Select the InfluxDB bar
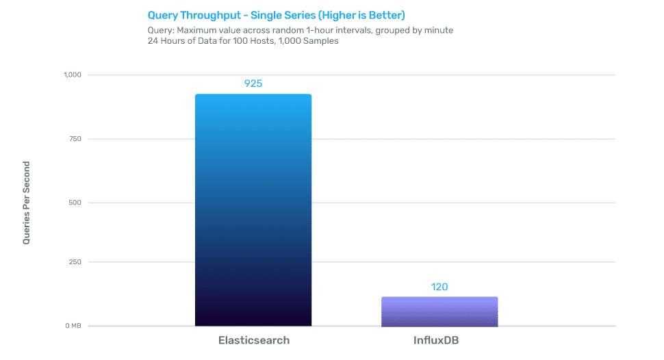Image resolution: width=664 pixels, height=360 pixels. (x=439, y=311)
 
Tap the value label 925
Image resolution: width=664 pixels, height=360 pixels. (x=253, y=83)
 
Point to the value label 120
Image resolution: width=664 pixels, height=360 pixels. (x=439, y=287)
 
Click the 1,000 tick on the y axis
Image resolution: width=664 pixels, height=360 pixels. (x=72, y=75)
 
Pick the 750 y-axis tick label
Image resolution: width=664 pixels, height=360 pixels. (x=75, y=139)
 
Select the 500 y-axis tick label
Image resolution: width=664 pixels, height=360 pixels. (x=75, y=203)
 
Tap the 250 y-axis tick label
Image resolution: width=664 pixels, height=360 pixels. (x=75, y=262)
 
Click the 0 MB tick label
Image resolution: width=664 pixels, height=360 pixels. (x=73, y=326)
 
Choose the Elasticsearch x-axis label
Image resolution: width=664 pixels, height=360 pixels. (x=253, y=340)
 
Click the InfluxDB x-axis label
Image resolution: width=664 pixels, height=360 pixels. (x=439, y=340)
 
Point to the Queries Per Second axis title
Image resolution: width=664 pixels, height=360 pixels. (x=27, y=203)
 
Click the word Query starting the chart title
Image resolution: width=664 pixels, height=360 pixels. (x=162, y=15)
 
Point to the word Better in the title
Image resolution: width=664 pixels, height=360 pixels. (x=385, y=15)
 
